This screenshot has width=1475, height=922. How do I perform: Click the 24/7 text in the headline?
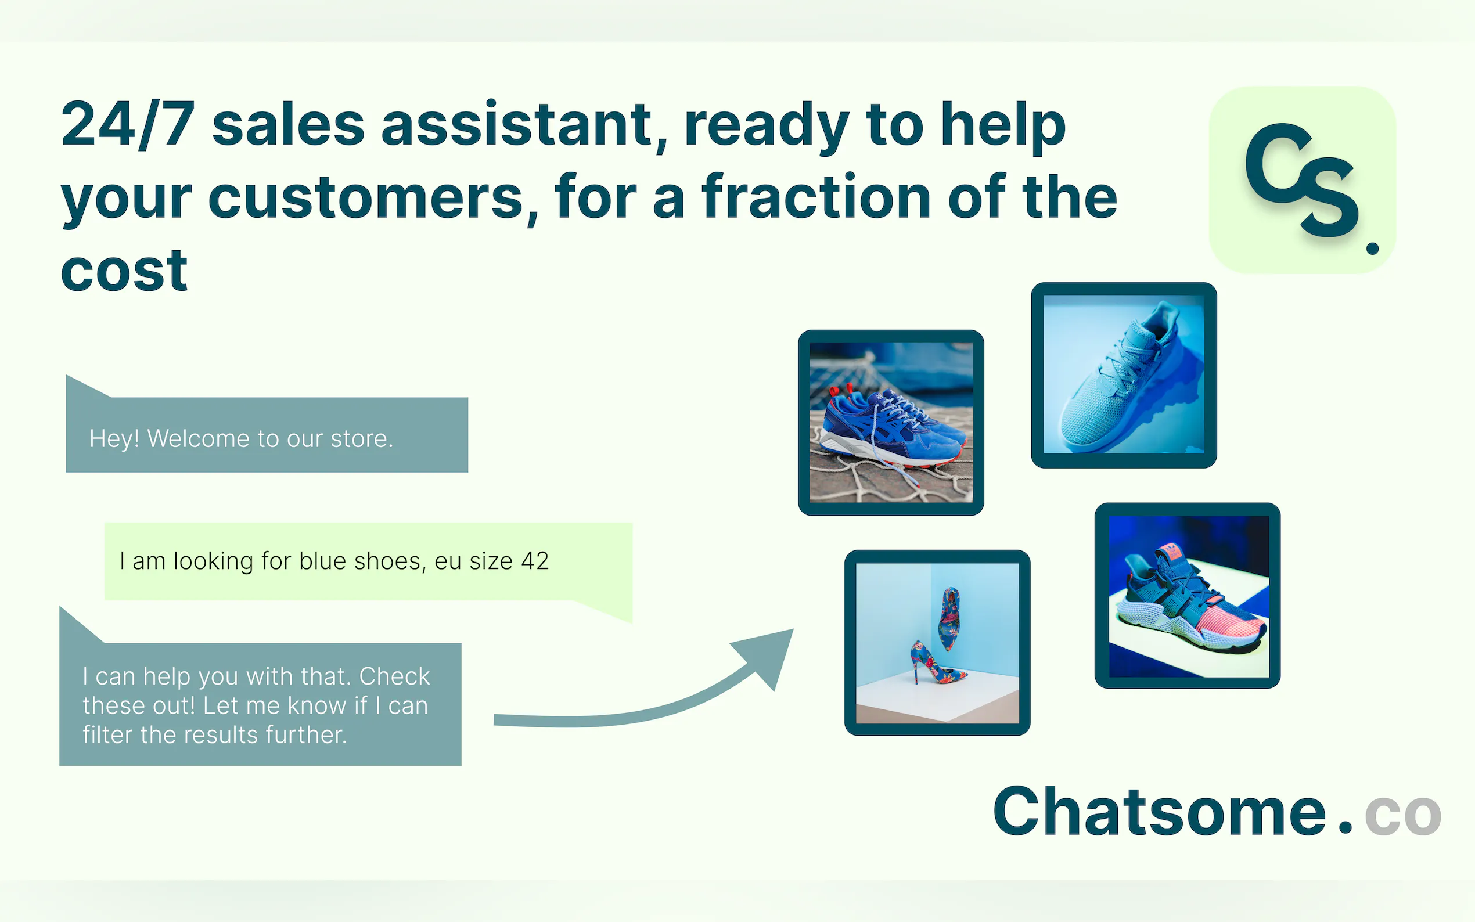click(128, 124)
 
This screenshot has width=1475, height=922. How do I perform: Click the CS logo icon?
click(1303, 180)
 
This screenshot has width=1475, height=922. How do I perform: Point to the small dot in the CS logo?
click(1373, 248)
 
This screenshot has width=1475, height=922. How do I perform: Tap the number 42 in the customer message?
click(535, 561)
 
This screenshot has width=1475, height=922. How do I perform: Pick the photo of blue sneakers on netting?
click(891, 423)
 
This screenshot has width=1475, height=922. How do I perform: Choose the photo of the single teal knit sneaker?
click(1124, 375)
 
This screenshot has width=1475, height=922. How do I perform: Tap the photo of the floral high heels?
click(937, 643)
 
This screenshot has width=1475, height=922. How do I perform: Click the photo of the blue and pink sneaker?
click(1187, 596)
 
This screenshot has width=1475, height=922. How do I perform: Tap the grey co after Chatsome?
click(1402, 815)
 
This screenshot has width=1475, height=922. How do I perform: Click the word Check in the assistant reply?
click(394, 676)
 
